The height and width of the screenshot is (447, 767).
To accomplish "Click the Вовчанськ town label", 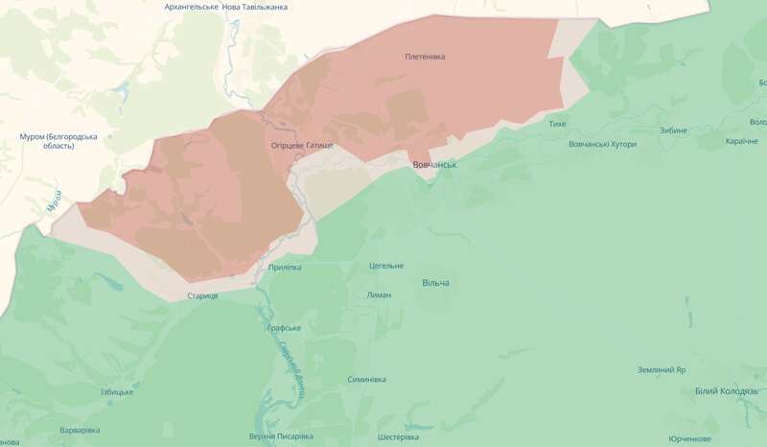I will (434, 165).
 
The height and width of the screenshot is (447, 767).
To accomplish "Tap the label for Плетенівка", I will (426, 57).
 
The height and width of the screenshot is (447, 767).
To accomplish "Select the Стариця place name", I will (203, 295).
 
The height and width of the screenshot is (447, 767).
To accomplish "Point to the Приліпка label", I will (285, 267).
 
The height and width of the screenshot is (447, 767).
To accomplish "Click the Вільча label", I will (435, 283).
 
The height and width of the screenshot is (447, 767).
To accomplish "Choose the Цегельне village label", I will (385, 266).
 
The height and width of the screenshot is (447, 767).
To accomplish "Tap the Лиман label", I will (379, 294).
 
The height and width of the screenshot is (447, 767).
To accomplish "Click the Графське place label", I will (284, 328).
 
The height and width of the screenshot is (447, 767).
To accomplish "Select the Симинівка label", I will (366, 379).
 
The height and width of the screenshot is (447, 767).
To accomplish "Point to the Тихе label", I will (557, 125).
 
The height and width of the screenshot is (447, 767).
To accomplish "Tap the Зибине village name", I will (674, 130).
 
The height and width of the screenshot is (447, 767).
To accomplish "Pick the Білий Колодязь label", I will (727, 391).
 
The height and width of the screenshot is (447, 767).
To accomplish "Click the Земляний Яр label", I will (662, 369).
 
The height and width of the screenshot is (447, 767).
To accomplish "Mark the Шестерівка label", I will (385, 437).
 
